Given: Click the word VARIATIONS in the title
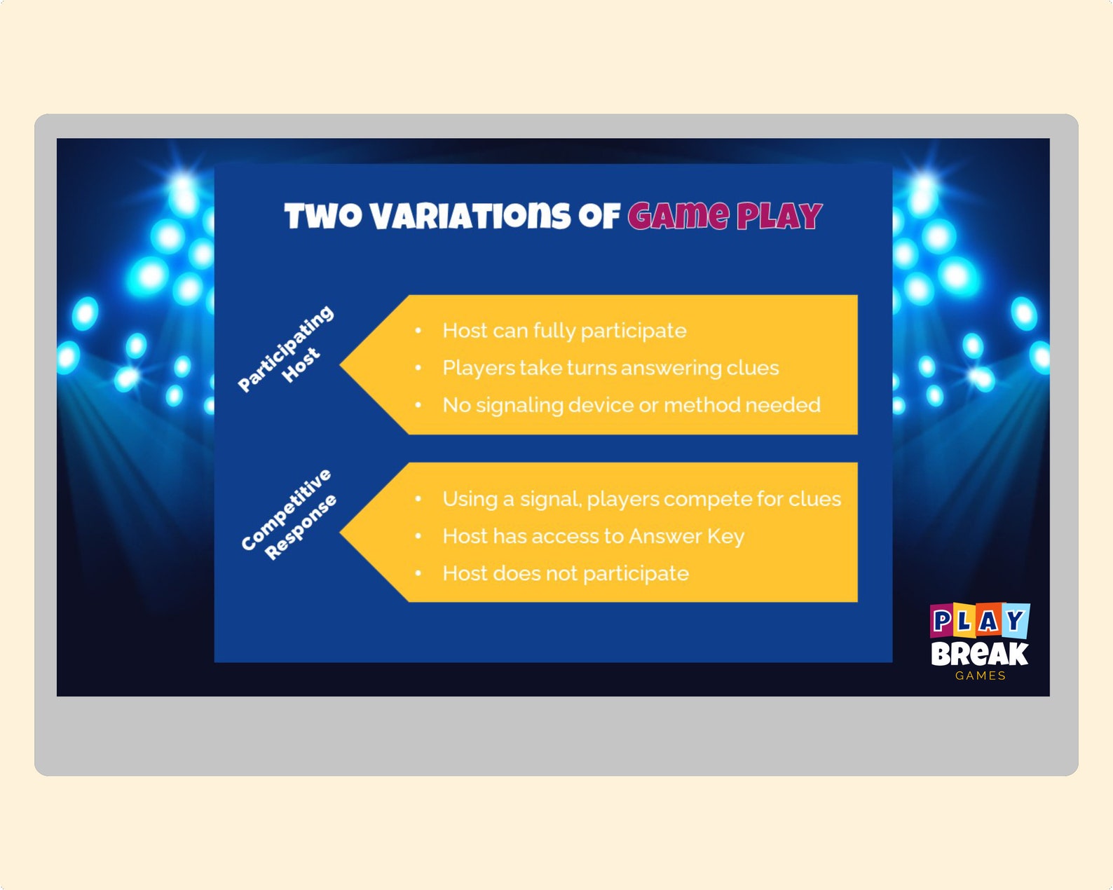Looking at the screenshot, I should coord(470,216).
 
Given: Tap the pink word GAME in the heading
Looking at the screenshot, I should coord(678,216).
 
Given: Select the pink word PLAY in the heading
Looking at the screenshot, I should coord(779,216).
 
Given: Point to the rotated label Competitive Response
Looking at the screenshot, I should coord(289,515).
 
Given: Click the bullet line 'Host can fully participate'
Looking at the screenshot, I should coord(564,331).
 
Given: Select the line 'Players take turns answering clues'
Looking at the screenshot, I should coord(610,368).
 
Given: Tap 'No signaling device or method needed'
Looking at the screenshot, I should coord(631,405).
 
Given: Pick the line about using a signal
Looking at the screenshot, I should coord(641,499).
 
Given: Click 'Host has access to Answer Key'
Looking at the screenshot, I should coord(593,536).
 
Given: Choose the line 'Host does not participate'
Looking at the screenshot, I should coord(566,573).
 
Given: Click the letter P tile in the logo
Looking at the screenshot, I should coord(942,621).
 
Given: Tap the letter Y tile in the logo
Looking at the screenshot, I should coord(1016,620).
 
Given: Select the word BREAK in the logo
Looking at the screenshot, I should coord(979,655).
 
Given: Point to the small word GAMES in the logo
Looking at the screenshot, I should coord(981,676).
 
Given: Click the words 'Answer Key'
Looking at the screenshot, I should coord(686,536).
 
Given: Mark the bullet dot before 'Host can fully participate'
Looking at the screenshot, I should coord(418,331).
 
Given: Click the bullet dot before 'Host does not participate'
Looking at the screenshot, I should coord(418,573).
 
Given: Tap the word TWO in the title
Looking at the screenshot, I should coord(323,216).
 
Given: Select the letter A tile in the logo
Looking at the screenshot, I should coord(989,621).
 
